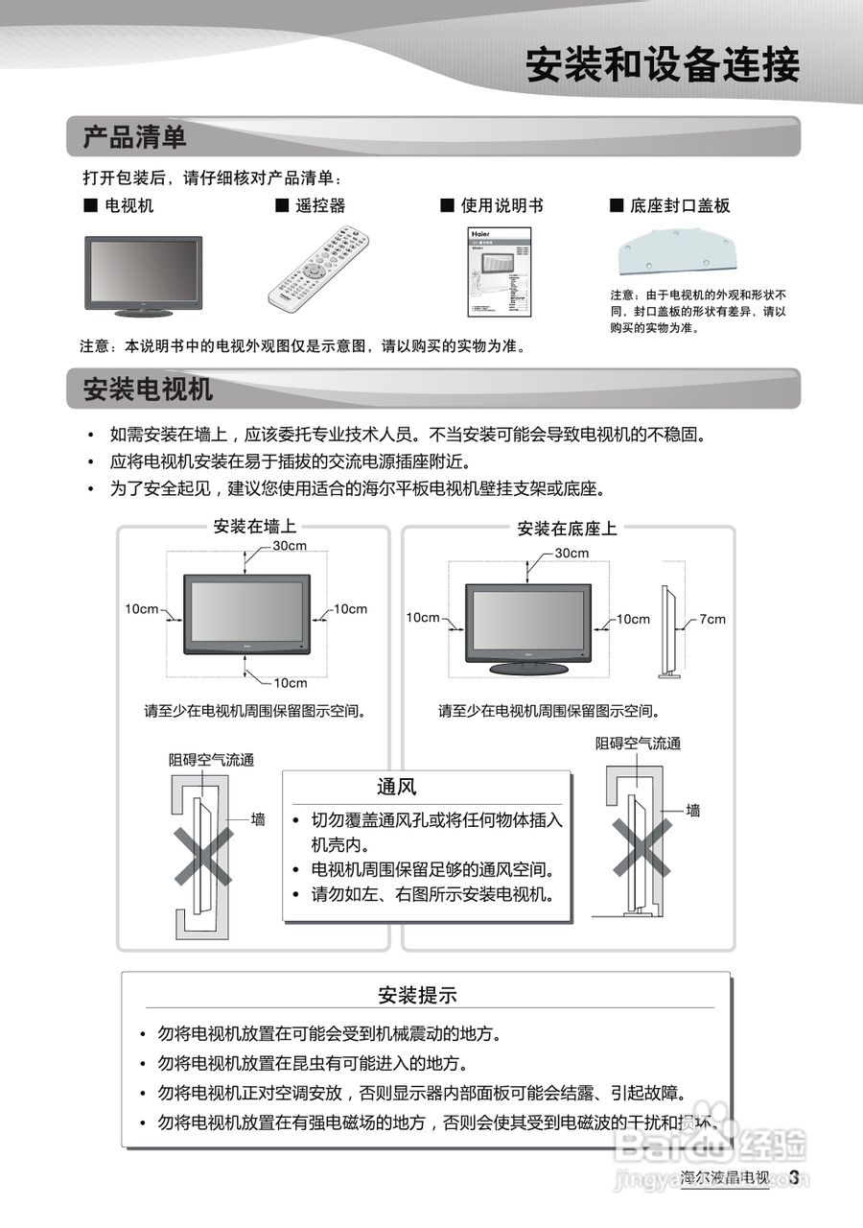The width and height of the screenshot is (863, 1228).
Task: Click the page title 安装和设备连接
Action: [x=662, y=65]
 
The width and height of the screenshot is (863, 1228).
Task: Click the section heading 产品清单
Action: [x=135, y=137]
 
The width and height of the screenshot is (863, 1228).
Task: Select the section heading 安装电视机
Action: [x=149, y=390]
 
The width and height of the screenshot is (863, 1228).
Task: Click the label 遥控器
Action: [x=320, y=205]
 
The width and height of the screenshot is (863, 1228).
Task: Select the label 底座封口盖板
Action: [x=680, y=205]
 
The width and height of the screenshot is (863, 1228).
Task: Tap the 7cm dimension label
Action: [x=711, y=620]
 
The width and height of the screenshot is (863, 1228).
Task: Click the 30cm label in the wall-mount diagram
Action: [x=290, y=546]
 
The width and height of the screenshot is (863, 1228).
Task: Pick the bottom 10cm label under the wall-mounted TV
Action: [x=290, y=683]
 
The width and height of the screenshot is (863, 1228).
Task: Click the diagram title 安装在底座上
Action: [x=568, y=529]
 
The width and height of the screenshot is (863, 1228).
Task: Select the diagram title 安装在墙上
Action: [x=254, y=527]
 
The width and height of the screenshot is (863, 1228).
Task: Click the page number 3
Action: [x=794, y=1177]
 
